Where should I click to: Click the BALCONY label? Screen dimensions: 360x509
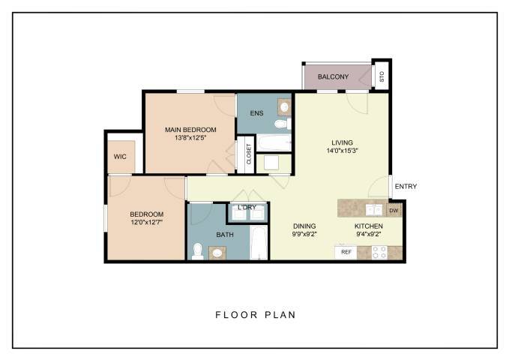point(333,76)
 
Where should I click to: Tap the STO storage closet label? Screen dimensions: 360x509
point(382,76)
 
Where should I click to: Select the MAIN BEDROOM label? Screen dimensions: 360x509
point(190,130)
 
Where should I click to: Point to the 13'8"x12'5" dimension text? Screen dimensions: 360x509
point(190,138)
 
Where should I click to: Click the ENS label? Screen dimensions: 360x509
point(256,114)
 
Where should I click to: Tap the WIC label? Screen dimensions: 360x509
point(120,157)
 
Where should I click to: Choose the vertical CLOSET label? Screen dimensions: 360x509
point(249,154)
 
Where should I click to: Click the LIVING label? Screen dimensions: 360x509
point(342,142)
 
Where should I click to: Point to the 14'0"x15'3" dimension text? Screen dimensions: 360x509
point(342,151)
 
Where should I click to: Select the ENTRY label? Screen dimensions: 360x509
point(406,187)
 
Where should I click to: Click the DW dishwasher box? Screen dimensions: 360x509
point(394,211)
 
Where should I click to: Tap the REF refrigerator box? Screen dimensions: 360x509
point(346,252)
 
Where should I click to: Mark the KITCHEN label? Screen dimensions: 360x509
point(369,226)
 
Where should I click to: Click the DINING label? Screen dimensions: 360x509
point(304,226)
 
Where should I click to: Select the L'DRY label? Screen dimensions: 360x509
point(247,208)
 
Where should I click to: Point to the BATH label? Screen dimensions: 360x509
point(225,235)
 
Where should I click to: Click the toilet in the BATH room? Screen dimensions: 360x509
point(198,251)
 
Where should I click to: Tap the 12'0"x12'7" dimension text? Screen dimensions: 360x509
point(147,221)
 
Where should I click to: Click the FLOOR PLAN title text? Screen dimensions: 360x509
point(255,315)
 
